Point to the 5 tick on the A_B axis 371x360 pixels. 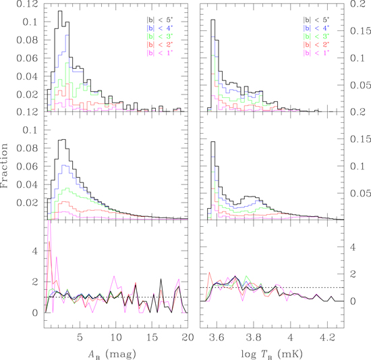click(x=80, y=336)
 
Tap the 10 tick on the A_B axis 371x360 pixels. click(x=115, y=336)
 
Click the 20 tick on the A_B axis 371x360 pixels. click(x=185, y=336)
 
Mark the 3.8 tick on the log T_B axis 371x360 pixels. click(x=254, y=336)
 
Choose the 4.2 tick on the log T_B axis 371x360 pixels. click(x=327, y=336)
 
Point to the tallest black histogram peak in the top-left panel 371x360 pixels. click(x=60, y=11)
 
